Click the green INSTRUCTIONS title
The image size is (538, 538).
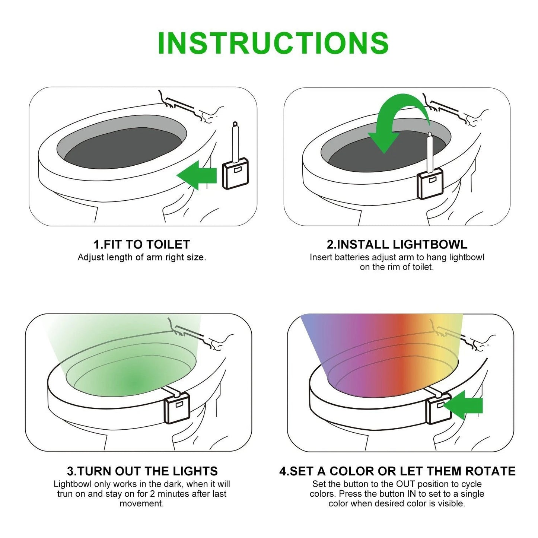click(x=273, y=43)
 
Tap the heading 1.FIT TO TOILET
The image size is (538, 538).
click(x=141, y=245)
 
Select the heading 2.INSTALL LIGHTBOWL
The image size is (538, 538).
click(x=397, y=245)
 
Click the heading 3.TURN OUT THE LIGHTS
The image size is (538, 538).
click(x=142, y=471)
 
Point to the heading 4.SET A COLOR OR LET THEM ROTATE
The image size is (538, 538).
click(x=397, y=471)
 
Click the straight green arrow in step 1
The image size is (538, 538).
click(x=197, y=175)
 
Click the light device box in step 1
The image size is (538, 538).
click(x=236, y=174)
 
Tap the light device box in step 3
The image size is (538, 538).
click(x=177, y=408)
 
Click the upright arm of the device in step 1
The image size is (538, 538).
click(x=235, y=143)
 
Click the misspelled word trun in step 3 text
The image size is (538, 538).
click(x=66, y=494)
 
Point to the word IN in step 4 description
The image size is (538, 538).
click(x=411, y=494)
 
